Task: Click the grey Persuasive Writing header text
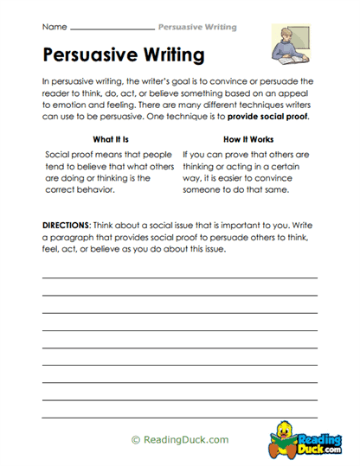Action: point(196,27)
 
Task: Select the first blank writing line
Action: point(180,278)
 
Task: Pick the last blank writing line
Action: point(180,411)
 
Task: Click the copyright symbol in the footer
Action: point(135,439)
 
